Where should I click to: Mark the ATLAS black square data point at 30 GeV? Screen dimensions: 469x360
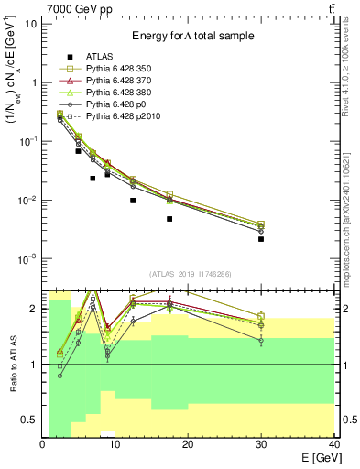261,239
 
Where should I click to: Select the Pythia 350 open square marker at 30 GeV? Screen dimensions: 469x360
261,224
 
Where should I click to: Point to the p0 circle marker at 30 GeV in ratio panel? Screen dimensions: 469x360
261,340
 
